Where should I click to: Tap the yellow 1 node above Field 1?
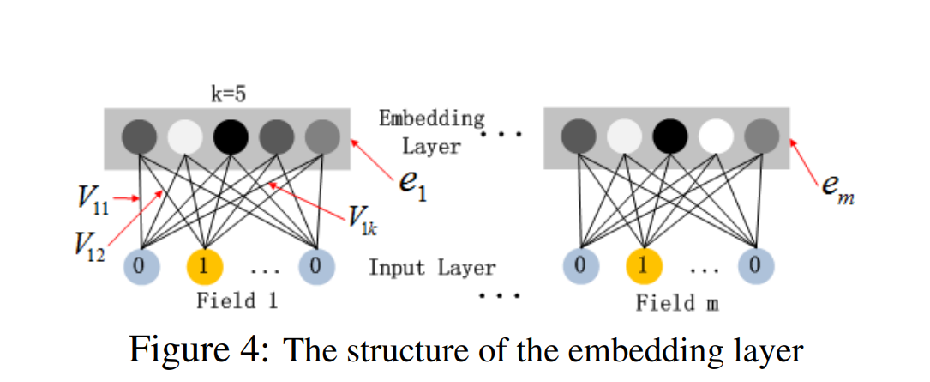(x=203, y=267)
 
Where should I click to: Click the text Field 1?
(x=226, y=301)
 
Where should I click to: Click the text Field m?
(x=677, y=303)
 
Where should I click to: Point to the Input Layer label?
(x=432, y=268)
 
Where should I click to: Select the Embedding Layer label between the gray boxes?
(x=432, y=131)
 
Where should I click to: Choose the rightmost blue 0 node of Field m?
(x=755, y=267)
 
